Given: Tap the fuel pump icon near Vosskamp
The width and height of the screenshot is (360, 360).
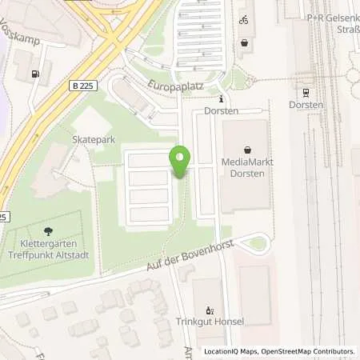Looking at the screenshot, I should [34, 74].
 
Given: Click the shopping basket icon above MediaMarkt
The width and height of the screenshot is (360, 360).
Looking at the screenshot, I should [247, 149].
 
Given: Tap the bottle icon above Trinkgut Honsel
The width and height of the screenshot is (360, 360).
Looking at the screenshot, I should [210, 310].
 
